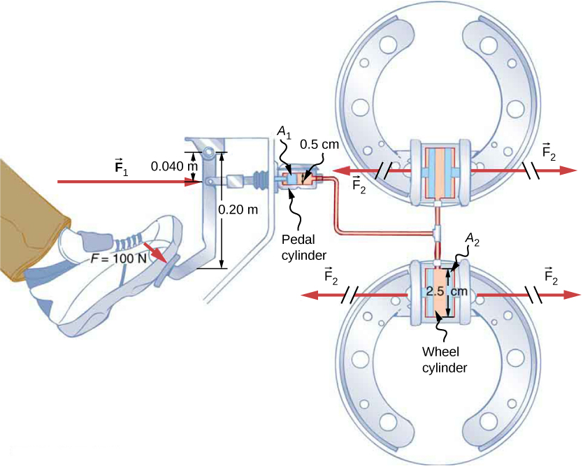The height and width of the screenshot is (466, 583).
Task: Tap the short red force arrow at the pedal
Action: coord(157,252)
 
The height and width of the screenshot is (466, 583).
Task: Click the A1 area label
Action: coord(284,133)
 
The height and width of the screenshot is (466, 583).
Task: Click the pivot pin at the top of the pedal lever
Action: coord(209,154)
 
